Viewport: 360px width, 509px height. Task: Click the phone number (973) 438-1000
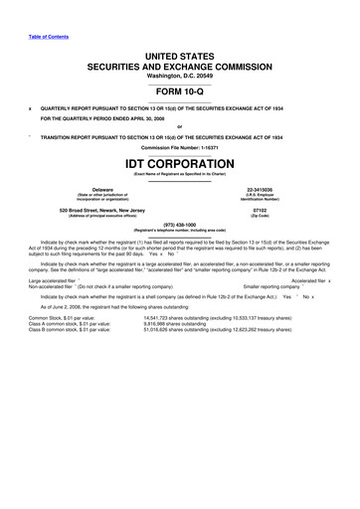coord(180,224)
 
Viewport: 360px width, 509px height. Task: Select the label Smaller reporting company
coord(265,288)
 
